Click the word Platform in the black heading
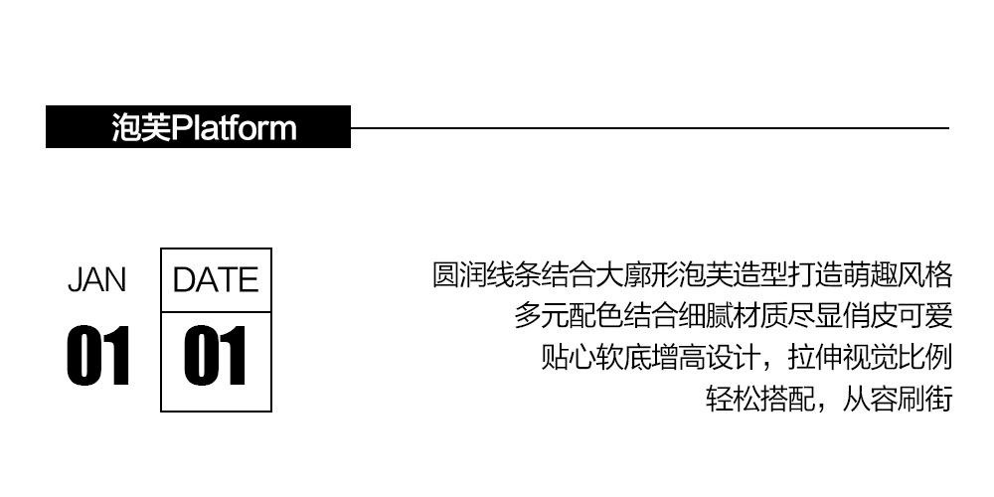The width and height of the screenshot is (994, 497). click(x=235, y=128)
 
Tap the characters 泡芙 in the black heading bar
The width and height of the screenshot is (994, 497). click(x=141, y=128)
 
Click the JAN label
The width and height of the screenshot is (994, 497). click(x=97, y=280)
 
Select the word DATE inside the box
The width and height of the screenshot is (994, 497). click(x=216, y=280)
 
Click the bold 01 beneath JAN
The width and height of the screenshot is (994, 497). click(x=98, y=356)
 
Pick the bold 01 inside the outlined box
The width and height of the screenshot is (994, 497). click(x=216, y=356)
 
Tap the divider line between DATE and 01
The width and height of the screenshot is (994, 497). click(x=216, y=312)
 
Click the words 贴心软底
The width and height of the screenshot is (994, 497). click(x=592, y=358)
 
